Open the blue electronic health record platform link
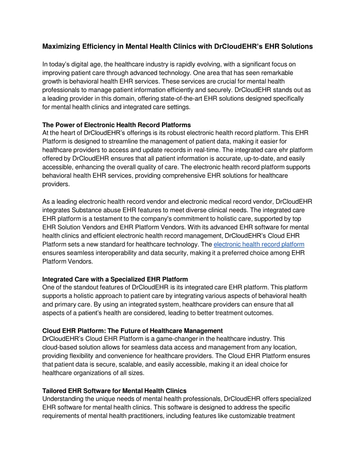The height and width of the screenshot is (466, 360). [x=259, y=244]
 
